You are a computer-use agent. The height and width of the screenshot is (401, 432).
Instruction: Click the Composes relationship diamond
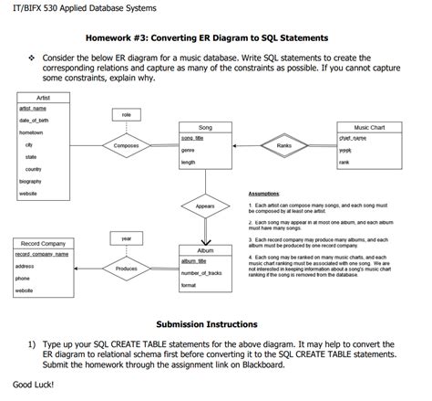point(126,145)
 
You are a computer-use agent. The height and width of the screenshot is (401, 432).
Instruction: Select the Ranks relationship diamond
point(283,145)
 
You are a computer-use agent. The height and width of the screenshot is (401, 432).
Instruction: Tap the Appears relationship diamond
point(205,206)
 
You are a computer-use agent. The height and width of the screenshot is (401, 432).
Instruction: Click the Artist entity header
point(43,98)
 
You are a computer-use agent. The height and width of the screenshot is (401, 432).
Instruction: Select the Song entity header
point(205,127)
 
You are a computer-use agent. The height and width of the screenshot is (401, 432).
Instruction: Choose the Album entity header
point(205,249)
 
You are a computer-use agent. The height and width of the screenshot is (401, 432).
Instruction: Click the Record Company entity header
point(43,244)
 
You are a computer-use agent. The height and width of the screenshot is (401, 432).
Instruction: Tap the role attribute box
point(126,114)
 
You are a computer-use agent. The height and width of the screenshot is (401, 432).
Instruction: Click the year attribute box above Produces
point(126,237)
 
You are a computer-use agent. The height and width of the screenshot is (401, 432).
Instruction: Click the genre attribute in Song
point(188,150)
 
